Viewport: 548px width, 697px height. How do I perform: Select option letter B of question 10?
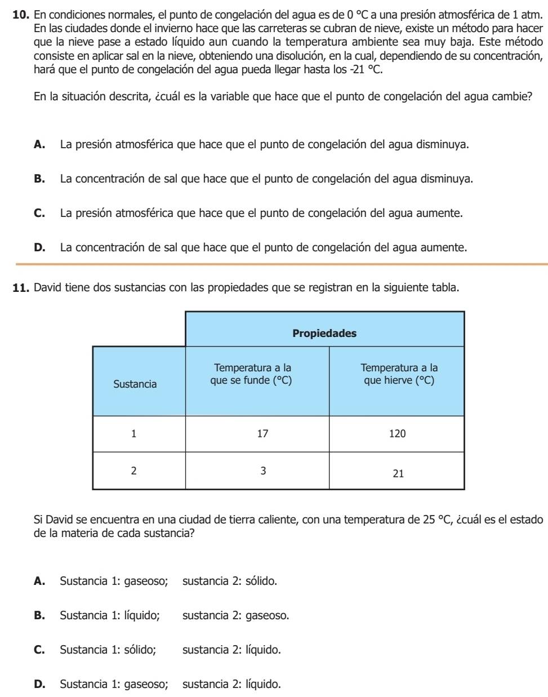tap(39, 179)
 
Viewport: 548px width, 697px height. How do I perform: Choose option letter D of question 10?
tap(39, 247)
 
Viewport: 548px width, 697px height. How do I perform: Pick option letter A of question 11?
tap(39, 581)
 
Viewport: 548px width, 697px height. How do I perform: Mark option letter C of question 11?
tap(39, 650)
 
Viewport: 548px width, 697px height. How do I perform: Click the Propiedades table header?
tap(324, 333)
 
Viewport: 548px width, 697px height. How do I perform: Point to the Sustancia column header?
tap(135, 384)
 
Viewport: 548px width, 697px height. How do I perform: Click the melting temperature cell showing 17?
tap(262, 434)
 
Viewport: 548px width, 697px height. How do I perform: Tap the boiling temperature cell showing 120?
tap(398, 434)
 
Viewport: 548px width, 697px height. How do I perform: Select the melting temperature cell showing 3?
tap(262, 471)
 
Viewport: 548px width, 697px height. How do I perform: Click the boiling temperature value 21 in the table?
tap(398, 474)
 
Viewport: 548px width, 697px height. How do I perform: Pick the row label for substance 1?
tap(133, 434)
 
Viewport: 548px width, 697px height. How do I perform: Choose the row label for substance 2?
tap(133, 471)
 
